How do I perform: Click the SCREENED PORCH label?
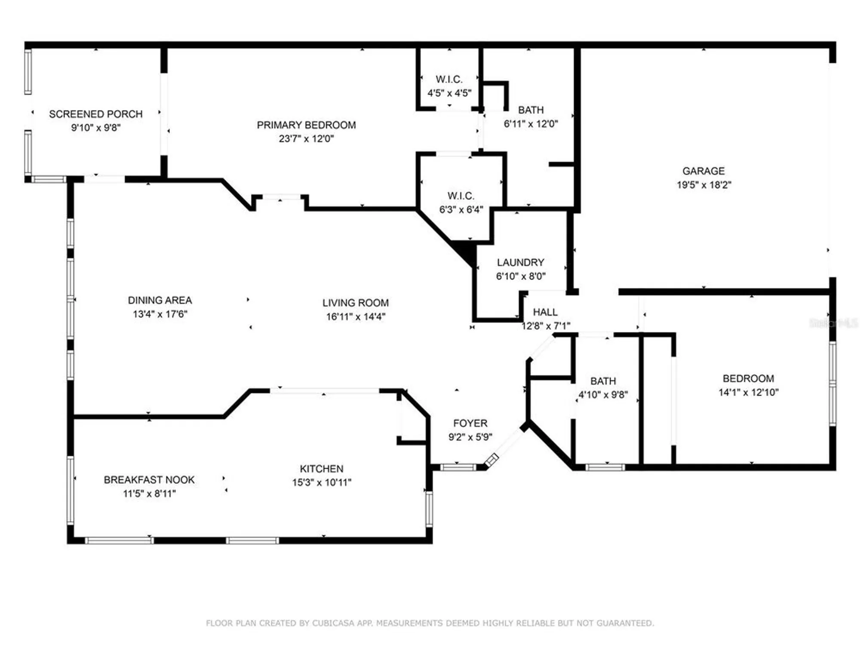95,114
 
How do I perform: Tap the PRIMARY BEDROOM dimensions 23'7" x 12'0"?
306,138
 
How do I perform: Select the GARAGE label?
703,171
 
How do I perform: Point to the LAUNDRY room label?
520,262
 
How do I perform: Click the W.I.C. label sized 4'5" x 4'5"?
449,79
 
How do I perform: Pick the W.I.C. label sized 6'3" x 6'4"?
461,196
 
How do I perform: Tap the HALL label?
545,312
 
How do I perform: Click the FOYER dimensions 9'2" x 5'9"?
470,437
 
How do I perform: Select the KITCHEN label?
321,469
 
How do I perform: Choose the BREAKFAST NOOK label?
149,479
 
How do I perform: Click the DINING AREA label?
160,300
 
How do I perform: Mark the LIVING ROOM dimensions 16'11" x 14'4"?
355,317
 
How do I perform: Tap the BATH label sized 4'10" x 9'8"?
603,381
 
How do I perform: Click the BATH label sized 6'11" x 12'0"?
531,110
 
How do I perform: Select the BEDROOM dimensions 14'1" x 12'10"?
748,392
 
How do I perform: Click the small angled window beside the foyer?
491,460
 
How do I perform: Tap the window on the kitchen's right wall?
429,509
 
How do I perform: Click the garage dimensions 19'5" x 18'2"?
703,185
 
